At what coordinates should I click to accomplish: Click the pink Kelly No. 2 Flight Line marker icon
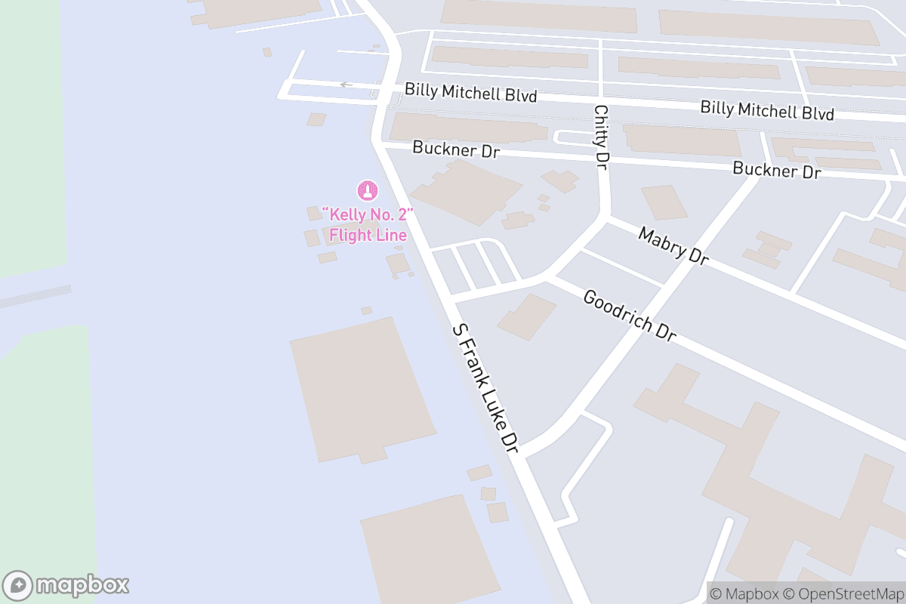click(x=367, y=190)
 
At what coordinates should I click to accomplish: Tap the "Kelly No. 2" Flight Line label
click(x=367, y=225)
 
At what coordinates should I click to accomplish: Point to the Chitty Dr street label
click(x=601, y=137)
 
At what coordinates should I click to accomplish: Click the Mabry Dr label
click(x=673, y=246)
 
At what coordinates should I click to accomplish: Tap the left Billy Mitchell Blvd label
click(x=470, y=94)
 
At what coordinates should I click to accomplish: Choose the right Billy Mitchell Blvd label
click(x=766, y=110)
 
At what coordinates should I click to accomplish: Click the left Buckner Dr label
click(x=456, y=149)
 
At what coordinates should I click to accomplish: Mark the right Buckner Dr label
click(x=776, y=170)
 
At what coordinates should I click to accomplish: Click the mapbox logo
click(x=66, y=585)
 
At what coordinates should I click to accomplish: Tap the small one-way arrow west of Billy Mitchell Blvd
click(x=346, y=85)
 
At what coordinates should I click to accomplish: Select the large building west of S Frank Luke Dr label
click(x=362, y=389)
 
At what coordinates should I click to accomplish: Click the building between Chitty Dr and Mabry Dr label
click(x=664, y=202)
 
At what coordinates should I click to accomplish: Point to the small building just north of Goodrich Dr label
click(x=526, y=316)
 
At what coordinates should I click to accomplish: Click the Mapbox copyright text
click(x=744, y=593)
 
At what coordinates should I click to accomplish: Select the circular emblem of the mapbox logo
click(x=18, y=585)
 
